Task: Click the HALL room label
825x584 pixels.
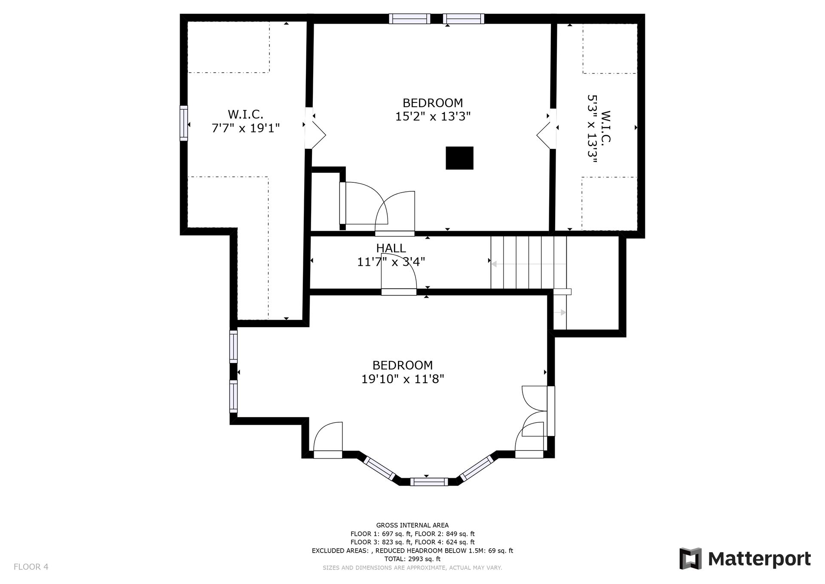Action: tap(391, 248)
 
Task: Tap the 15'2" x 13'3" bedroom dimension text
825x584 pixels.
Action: tap(433, 117)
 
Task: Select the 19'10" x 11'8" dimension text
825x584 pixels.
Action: tap(403, 379)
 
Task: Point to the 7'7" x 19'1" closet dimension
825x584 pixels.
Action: tap(246, 128)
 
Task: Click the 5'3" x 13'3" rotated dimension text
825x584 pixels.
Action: tap(593, 129)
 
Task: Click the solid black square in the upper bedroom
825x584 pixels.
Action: tap(459, 158)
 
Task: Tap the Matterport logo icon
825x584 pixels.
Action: tap(690, 558)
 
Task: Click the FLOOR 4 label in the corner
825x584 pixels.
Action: tap(31, 567)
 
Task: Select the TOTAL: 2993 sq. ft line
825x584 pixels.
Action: tap(412, 559)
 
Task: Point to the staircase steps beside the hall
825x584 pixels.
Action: tap(529, 262)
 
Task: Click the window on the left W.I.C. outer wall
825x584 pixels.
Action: tap(184, 123)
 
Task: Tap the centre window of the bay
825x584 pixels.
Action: tap(429, 482)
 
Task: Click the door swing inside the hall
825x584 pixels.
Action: tap(399, 274)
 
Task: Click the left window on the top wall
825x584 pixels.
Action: tap(409, 18)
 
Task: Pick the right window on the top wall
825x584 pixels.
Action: tap(464, 18)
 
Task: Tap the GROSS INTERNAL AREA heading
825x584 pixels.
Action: tap(412, 525)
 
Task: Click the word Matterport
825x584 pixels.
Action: tap(759, 559)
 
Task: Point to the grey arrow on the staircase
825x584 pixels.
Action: tap(529, 264)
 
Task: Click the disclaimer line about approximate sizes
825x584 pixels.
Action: tap(412, 568)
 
